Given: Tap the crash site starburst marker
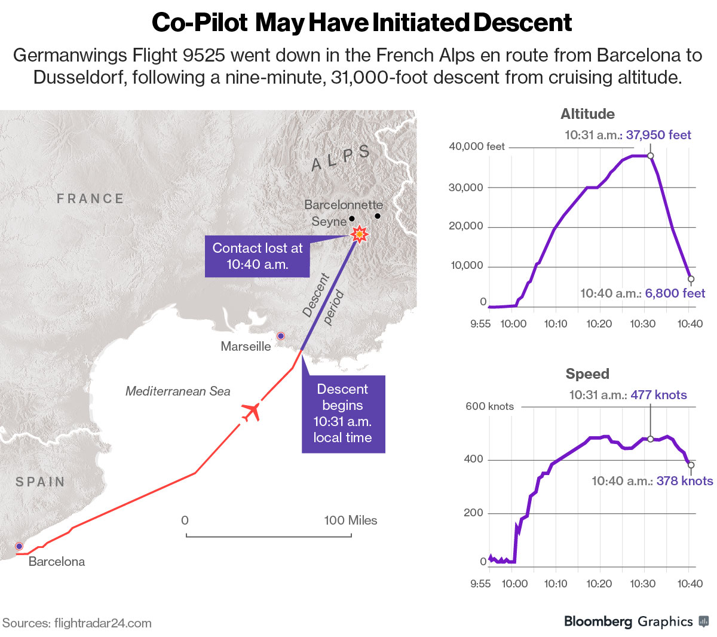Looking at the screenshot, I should point(359,234).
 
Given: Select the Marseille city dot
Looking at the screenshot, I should point(280,336).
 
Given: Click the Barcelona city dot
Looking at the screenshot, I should point(19,546).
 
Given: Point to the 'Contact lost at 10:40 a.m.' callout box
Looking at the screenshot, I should point(258,256).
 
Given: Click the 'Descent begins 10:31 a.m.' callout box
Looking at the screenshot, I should point(343,414).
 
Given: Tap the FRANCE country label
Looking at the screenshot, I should point(90,198).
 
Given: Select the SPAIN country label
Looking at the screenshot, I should point(40,482).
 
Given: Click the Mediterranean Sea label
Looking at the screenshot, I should point(177,391).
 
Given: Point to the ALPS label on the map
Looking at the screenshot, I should point(341,158).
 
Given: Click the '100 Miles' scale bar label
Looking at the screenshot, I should point(350,520).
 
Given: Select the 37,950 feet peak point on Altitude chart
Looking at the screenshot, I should point(650,156).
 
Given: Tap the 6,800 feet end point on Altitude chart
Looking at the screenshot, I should point(691,279).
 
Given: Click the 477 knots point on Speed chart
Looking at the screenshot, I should point(650,439).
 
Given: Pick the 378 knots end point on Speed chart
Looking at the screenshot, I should point(691,465).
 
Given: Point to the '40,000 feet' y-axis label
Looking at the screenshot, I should point(476,146).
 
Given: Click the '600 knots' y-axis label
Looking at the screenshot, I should point(489,406).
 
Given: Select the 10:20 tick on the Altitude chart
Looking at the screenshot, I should point(599,324).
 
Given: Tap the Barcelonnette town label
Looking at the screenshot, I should point(343,204).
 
